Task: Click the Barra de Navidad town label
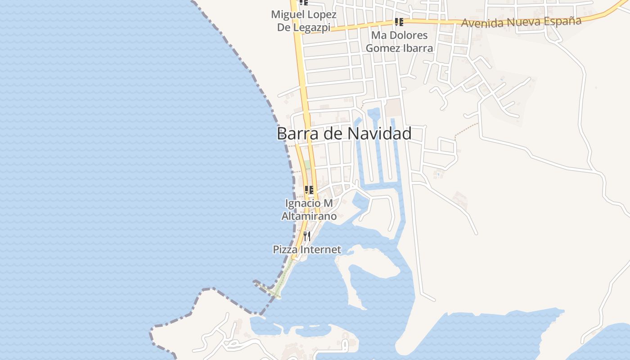tap(344, 134)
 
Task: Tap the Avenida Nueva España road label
tap(521, 22)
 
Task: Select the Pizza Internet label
tap(307, 249)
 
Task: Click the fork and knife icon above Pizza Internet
tap(307, 236)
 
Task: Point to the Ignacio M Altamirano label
tap(309, 210)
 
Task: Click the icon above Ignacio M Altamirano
tap(309, 190)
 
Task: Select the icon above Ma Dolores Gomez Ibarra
tap(399, 22)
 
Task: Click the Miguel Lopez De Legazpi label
tap(303, 21)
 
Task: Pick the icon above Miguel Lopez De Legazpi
tap(303, 2)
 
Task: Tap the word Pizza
tap(285, 249)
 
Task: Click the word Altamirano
tap(309, 216)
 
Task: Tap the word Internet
tap(320, 249)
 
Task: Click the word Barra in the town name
tap(295, 134)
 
